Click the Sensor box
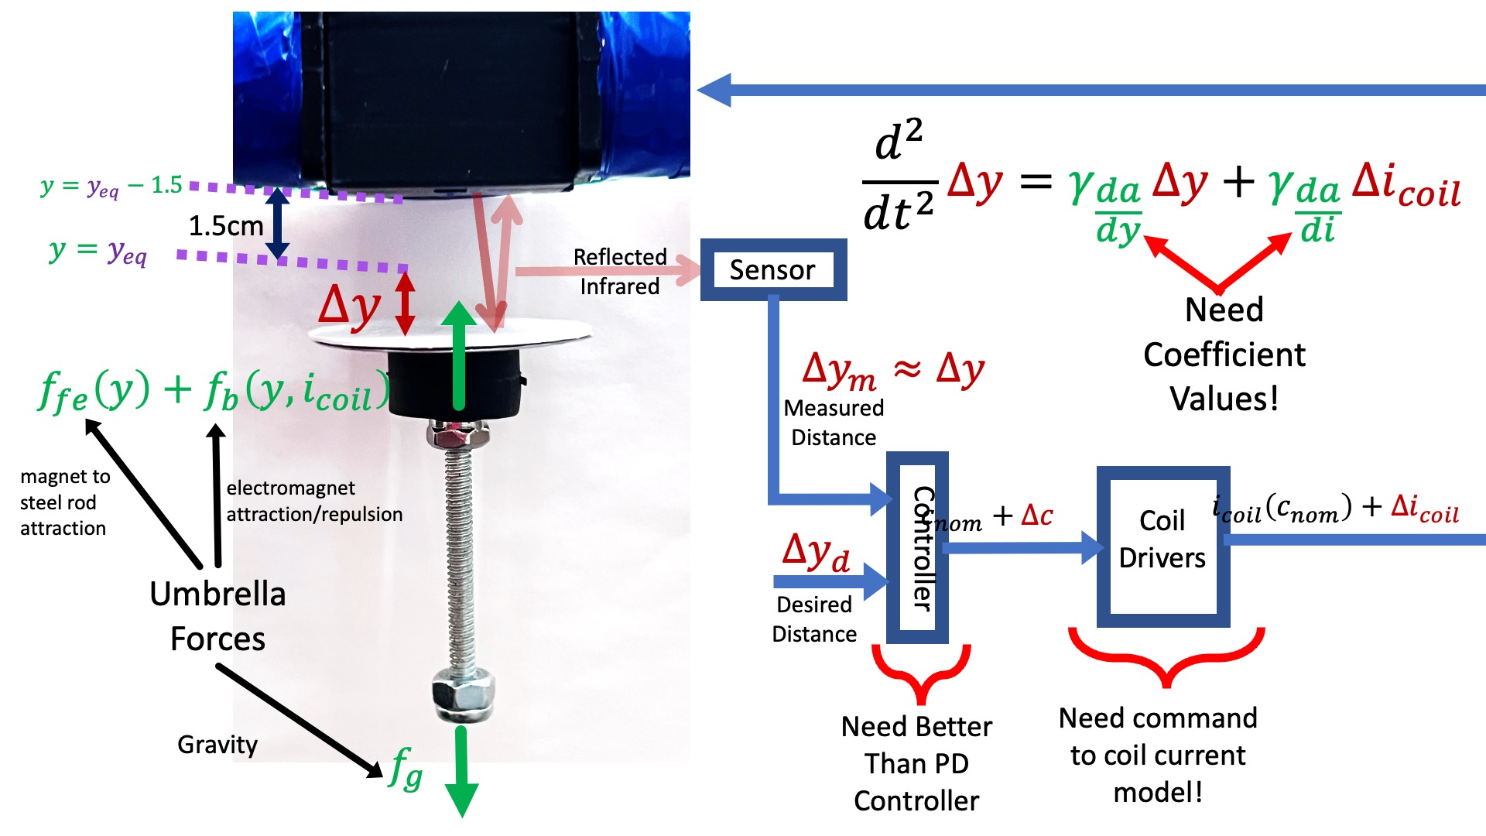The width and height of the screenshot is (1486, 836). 772,269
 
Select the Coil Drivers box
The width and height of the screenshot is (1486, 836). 1162,546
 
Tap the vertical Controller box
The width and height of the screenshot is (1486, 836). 918,548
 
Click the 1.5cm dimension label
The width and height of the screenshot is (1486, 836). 226,226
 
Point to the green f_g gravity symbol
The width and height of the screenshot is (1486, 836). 406,768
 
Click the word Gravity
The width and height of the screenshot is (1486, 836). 217,745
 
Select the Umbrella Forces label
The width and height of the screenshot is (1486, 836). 217,616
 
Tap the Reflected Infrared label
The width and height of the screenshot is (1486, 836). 619,272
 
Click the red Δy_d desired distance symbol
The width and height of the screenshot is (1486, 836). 816,553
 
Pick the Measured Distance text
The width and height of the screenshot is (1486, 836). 834,423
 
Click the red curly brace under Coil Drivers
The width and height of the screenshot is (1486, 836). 1166,657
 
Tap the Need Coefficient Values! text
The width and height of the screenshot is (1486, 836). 1224,355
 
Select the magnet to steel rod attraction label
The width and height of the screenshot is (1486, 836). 63,502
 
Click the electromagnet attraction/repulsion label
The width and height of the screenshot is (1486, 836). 314,501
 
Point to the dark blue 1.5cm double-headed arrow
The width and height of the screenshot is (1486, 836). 277,223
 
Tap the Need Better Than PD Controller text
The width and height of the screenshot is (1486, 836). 916,763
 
